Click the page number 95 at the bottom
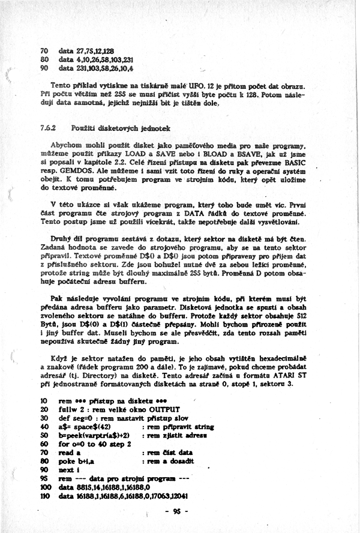(x=176, y=511)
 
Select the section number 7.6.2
(x=47, y=128)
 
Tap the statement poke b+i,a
(x=79, y=461)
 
